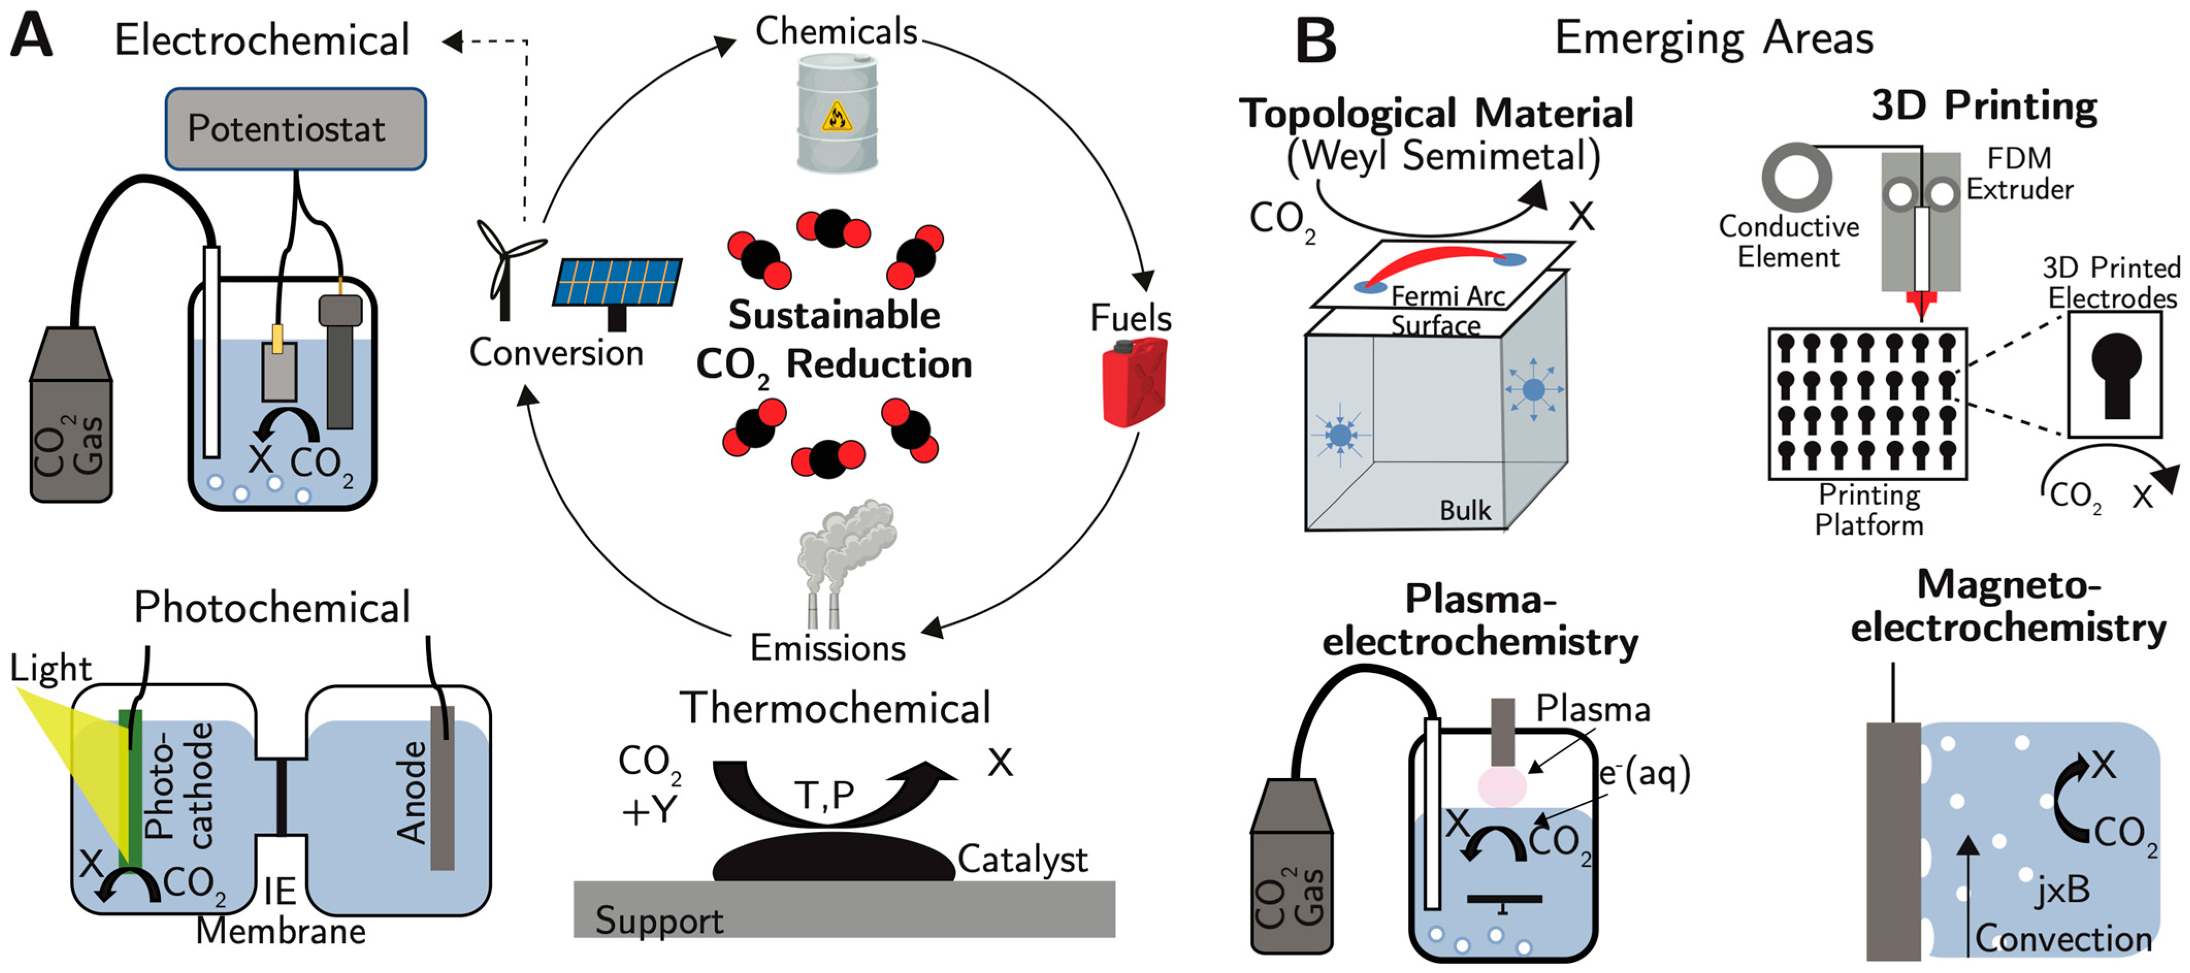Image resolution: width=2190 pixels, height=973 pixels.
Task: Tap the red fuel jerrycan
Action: tap(1134, 383)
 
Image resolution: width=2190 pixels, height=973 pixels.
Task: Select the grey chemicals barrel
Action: tap(837, 113)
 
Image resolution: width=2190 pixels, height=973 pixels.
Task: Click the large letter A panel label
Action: tap(31, 36)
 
